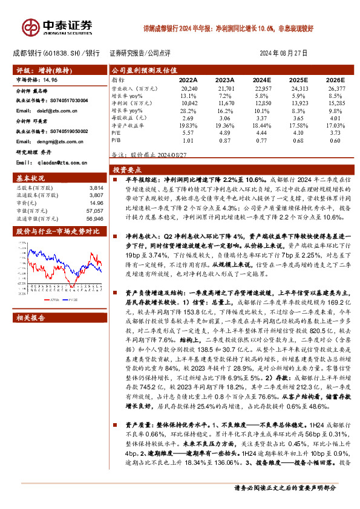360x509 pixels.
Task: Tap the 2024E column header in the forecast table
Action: (x=261, y=79)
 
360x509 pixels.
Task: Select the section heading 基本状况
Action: (x=31, y=180)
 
